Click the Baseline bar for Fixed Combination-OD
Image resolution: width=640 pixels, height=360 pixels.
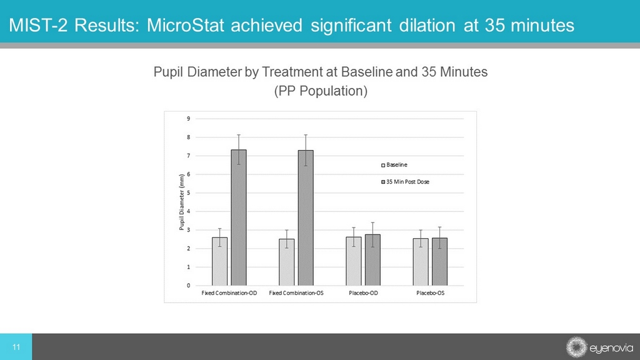(x=219, y=261)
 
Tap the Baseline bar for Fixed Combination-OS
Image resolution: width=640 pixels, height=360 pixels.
(x=286, y=262)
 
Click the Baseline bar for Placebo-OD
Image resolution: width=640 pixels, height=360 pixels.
(x=353, y=261)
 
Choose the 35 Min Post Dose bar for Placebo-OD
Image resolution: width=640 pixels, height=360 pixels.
(x=372, y=259)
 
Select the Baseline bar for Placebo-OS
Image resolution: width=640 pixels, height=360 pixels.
(x=421, y=262)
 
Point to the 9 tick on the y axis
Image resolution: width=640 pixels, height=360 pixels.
(x=189, y=118)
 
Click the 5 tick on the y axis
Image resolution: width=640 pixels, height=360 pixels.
(x=189, y=192)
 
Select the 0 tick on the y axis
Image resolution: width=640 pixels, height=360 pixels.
(x=189, y=286)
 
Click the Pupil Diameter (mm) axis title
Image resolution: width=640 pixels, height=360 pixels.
(x=181, y=202)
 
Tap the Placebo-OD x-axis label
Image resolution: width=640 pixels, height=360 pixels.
(x=362, y=293)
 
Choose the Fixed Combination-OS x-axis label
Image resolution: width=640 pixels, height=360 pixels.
(x=296, y=293)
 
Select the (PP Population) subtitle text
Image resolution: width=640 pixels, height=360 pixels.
(x=320, y=91)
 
